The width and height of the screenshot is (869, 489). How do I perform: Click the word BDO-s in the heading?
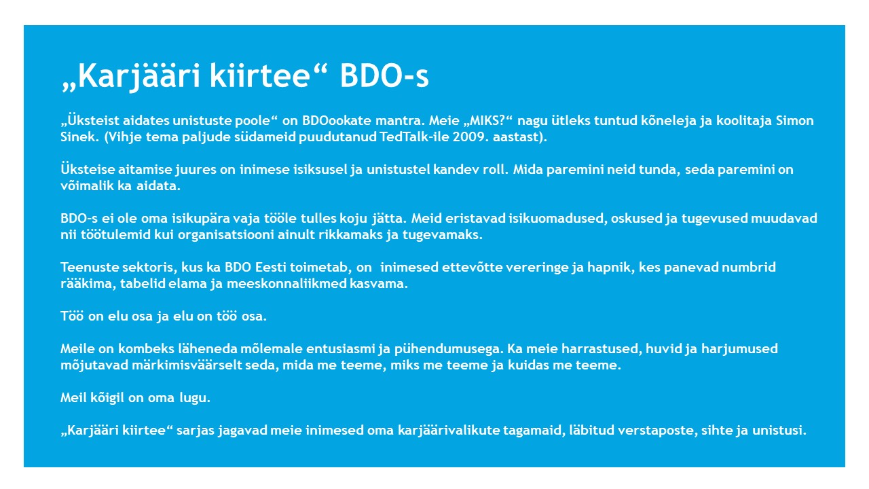[x=384, y=75]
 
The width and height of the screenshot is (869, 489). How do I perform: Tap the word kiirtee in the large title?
[x=260, y=75]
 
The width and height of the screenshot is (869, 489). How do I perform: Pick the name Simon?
[x=794, y=120]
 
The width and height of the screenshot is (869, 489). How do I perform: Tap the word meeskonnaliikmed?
[x=286, y=283]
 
